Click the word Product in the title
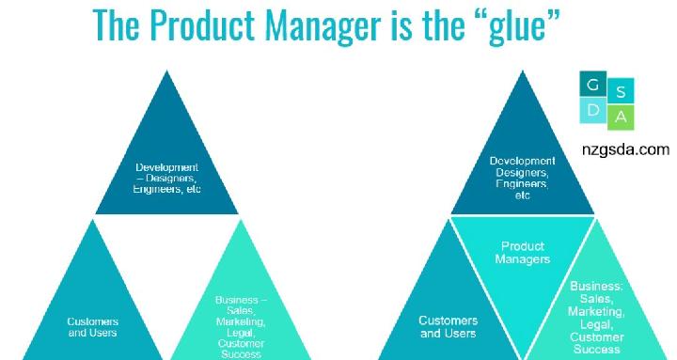click(x=208, y=28)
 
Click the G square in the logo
click(x=592, y=86)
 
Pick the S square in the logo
click(x=622, y=91)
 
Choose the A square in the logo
click(x=622, y=117)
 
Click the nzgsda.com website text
click(x=624, y=149)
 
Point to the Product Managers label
click(x=523, y=252)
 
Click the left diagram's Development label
click(x=166, y=178)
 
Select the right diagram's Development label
click(x=523, y=178)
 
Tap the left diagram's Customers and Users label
click(x=93, y=324)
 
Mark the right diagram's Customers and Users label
click(x=449, y=326)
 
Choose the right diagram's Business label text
click(x=596, y=316)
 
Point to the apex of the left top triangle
click(x=167, y=71)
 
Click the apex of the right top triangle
click(x=523, y=71)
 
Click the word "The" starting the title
click(x=122, y=28)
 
